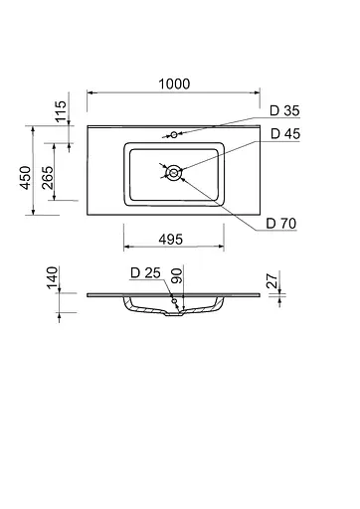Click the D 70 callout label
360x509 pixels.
(280, 222)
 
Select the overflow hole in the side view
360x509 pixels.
(173, 301)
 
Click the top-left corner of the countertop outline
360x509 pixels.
(87, 127)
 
